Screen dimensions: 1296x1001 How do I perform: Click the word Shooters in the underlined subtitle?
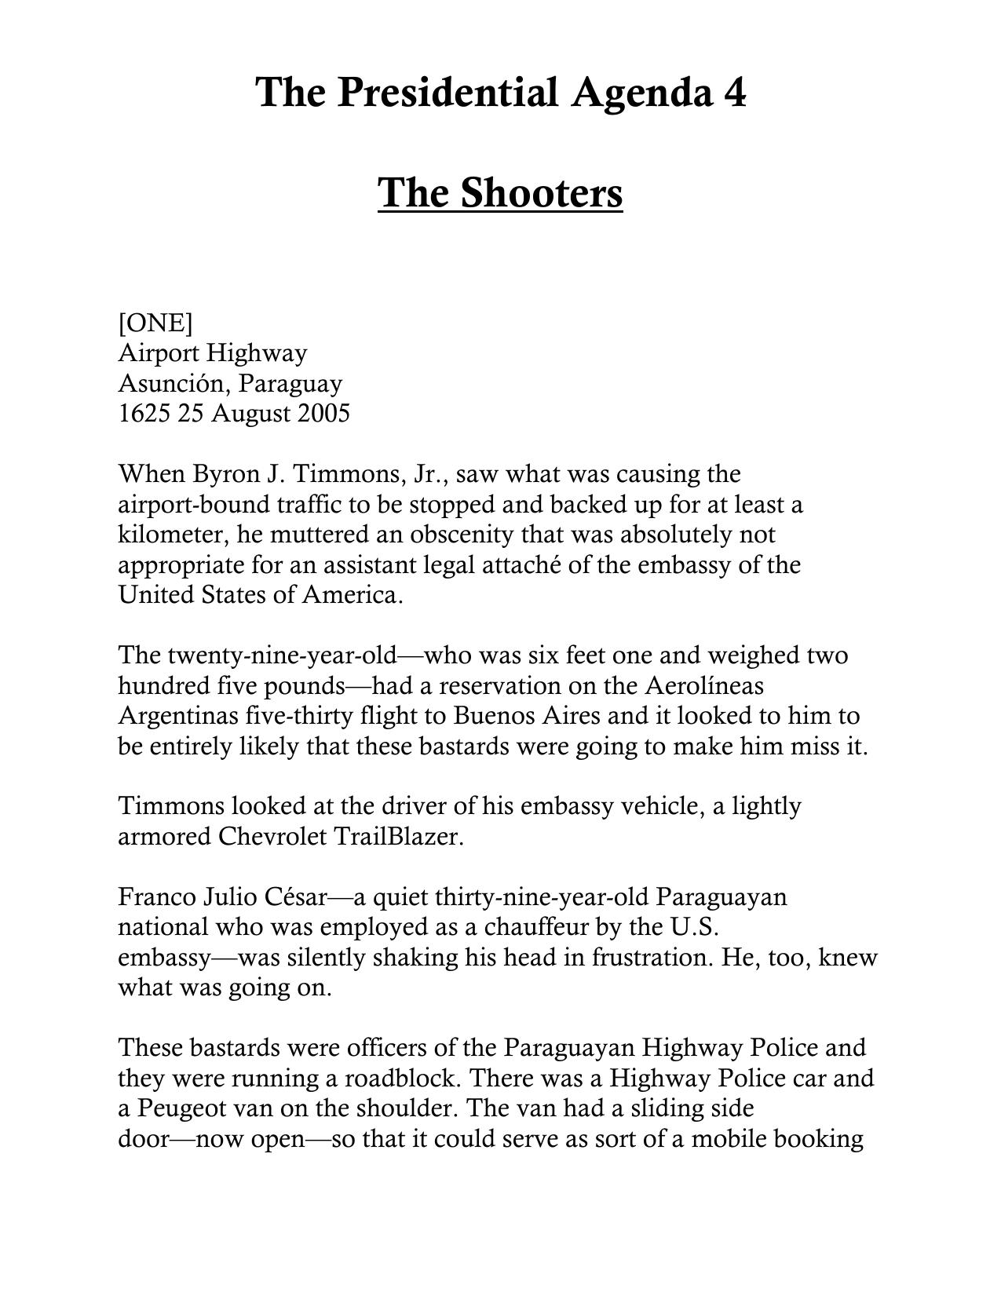click(x=542, y=193)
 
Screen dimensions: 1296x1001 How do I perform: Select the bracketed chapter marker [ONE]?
click(x=155, y=323)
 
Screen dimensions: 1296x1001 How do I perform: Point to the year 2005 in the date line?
click(x=323, y=414)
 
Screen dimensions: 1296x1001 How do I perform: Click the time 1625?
click(x=144, y=414)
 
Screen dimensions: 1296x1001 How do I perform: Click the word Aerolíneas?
click(x=704, y=686)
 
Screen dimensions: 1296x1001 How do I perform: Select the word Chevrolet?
click(x=272, y=837)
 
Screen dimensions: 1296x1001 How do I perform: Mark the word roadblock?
click(x=402, y=1078)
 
